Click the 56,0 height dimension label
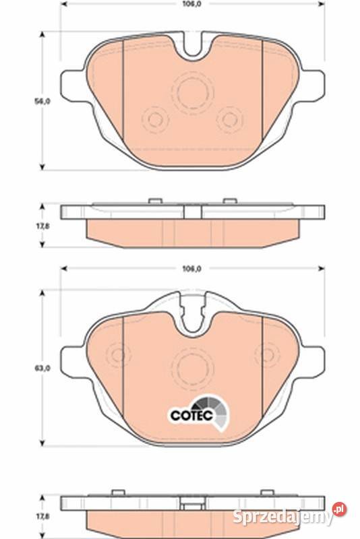42,102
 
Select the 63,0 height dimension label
42,368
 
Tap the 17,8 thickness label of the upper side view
42,226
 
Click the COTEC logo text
191,415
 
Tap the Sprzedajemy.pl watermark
289,515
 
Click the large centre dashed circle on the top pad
193,92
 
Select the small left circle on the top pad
155,120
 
